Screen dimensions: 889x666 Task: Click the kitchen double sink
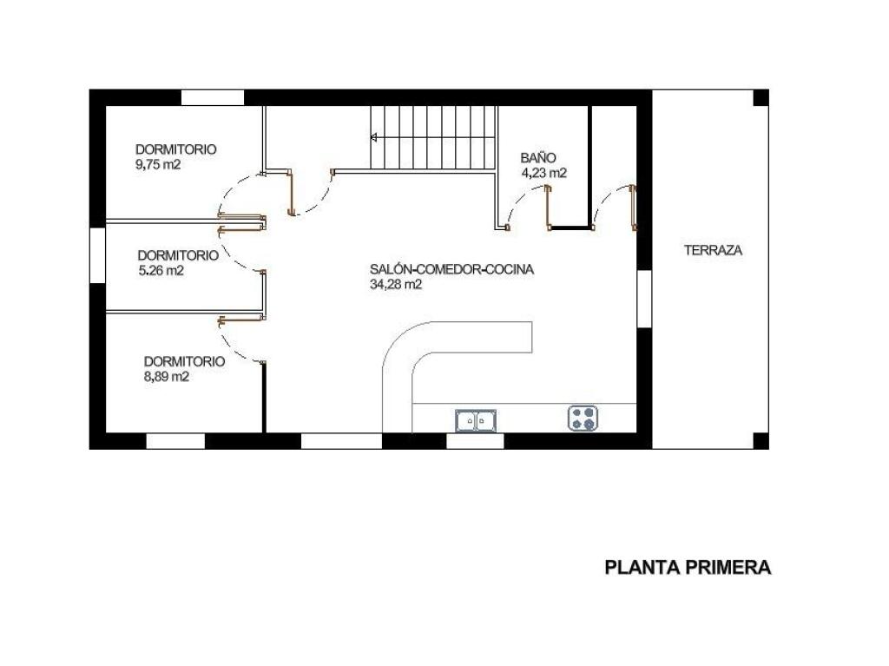[x=476, y=420]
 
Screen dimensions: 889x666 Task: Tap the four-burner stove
[x=583, y=419]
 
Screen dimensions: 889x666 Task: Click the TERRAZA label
[x=713, y=250]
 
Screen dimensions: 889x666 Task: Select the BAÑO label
[x=538, y=158]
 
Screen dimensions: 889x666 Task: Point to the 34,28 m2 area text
[x=396, y=285]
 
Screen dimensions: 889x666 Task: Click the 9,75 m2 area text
[x=158, y=165]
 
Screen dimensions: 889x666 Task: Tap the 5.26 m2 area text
[x=161, y=271]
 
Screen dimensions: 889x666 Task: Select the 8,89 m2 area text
[x=166, y=377]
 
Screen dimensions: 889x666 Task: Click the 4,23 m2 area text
[x=543, y=174]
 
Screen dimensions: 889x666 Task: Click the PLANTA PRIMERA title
[x=688, y=567]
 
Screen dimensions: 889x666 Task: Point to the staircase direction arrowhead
[x=374, y=136]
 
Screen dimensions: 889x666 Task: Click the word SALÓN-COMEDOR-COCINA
[x=451, y=269]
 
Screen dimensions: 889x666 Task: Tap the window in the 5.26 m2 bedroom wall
[x=97, y=254]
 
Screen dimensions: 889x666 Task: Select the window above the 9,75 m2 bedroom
[x=213, y=97]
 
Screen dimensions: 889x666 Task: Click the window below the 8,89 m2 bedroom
[x=175, y=441]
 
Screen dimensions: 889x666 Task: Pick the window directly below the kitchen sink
[x=475, y=441]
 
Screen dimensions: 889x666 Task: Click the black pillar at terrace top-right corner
[x=761, y=97]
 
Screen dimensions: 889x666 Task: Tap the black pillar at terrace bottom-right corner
[x=761, y=441]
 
